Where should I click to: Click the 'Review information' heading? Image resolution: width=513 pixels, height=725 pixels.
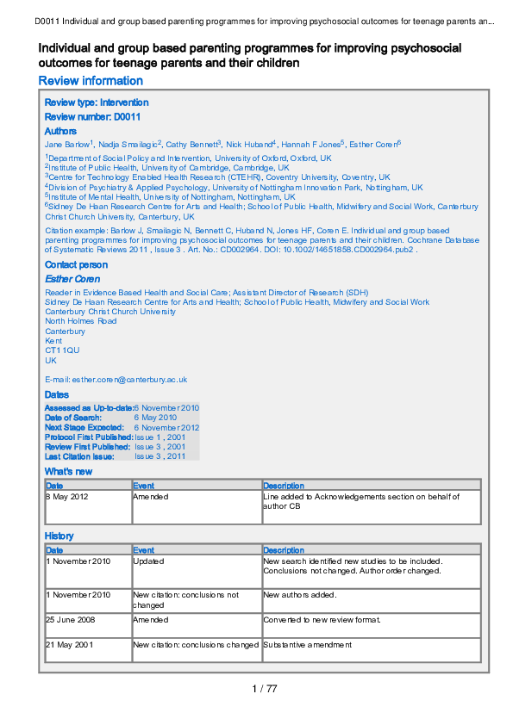(91, 81)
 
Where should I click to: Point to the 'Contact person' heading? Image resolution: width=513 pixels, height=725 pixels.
(76, 265)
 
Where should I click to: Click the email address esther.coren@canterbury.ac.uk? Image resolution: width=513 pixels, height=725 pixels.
(116, 379)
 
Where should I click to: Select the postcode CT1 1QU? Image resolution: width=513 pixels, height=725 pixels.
(62, 350)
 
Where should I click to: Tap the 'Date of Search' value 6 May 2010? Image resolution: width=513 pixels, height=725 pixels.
(155, 418)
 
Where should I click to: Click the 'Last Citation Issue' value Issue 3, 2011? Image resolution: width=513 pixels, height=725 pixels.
(160, 456)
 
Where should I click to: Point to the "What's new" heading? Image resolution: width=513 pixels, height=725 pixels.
(68, 472)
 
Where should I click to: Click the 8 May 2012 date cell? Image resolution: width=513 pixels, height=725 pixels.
(66, 497)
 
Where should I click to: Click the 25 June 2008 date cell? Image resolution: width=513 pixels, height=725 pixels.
(69, 620)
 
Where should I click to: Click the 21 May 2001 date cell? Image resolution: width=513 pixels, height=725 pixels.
(68, 645)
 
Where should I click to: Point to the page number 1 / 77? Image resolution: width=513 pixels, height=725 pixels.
(264, 688)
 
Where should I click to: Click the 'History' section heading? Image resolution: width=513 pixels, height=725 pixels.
(59, 536)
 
